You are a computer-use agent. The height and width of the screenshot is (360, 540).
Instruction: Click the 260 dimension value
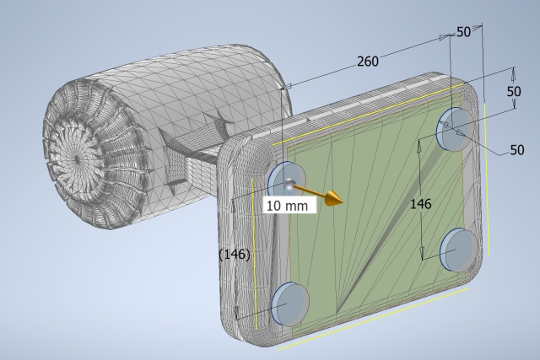pos(367,61)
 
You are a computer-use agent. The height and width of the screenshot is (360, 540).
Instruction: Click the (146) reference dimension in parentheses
pos(234,254)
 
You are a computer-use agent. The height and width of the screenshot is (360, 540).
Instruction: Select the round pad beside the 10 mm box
pos(281,177)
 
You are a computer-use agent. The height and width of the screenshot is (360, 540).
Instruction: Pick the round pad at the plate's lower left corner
pos(288,304)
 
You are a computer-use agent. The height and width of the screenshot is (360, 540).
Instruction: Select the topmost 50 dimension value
pos(463,32)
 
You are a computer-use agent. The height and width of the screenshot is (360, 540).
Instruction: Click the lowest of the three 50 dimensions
pos(516,150)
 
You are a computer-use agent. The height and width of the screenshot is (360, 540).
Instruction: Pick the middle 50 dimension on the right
pos(513,90)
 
